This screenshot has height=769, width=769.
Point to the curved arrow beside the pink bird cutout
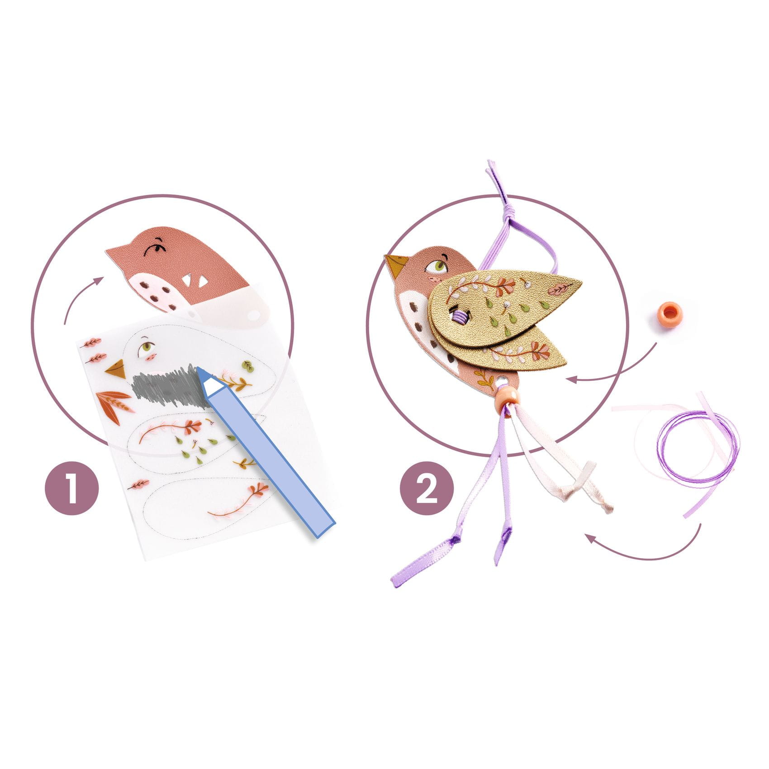tap(75, 294)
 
